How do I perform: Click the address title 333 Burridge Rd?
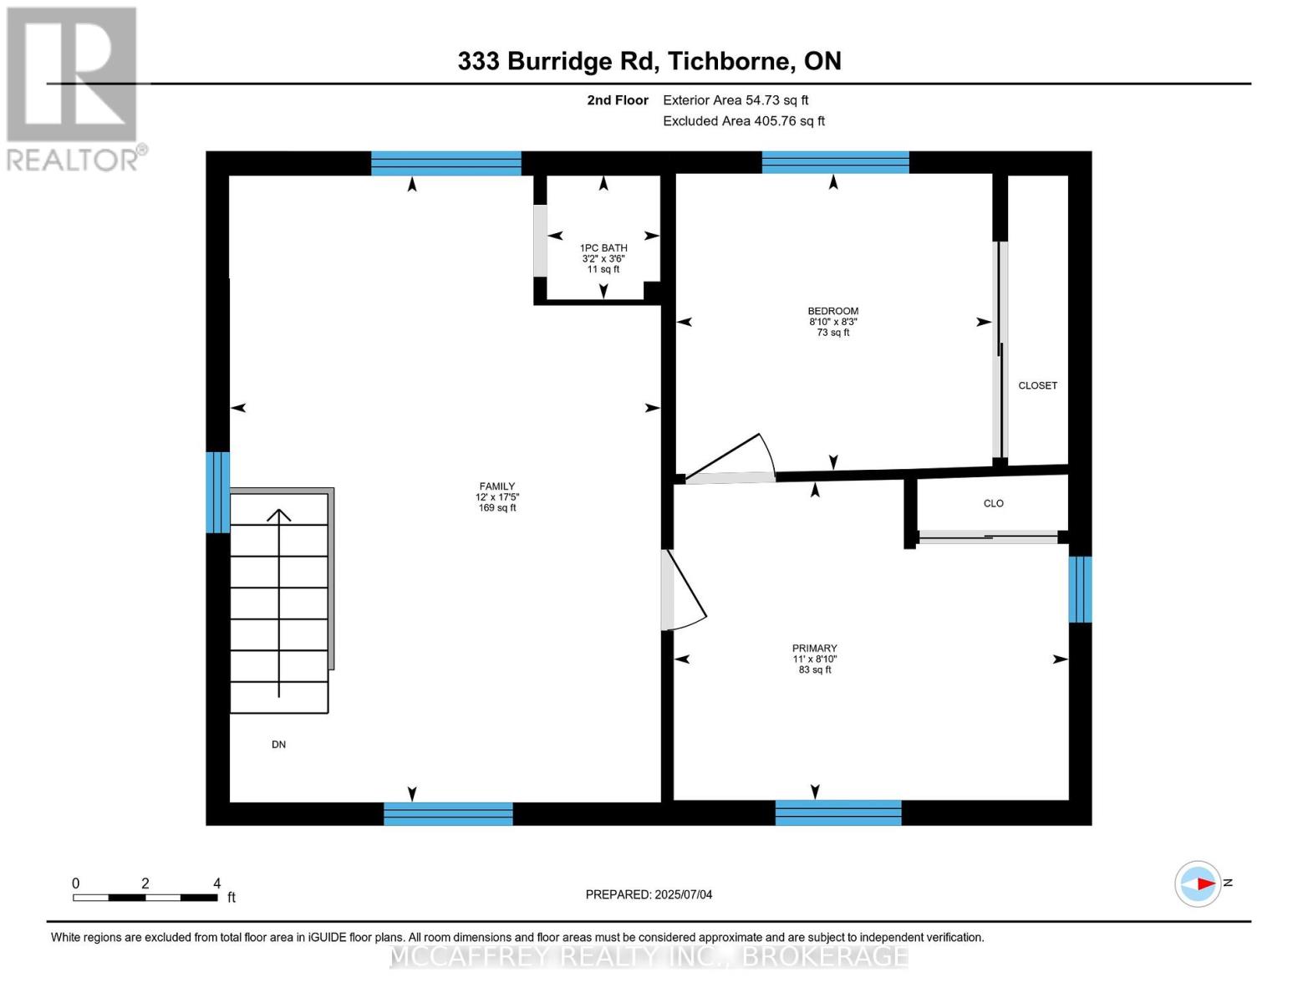tap(649, 61)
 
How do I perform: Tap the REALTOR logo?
tap(74, 88)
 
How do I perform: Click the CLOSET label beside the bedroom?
tap(1037, 385)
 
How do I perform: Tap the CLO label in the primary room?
tap(993, 503)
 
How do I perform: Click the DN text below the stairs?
tap(278, 744)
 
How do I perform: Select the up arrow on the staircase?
tap(279, 602)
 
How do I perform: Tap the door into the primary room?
tap(684, 590)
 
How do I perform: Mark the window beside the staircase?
tap(218, 491)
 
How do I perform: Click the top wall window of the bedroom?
tap(835, 162)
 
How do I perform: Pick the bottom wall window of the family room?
tap(448, 813)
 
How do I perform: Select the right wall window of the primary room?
tap(1080, 589)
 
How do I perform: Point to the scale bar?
tap(145, 898)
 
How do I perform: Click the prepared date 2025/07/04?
tap(649, 894)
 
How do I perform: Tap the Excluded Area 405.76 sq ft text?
tap(743, 121)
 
